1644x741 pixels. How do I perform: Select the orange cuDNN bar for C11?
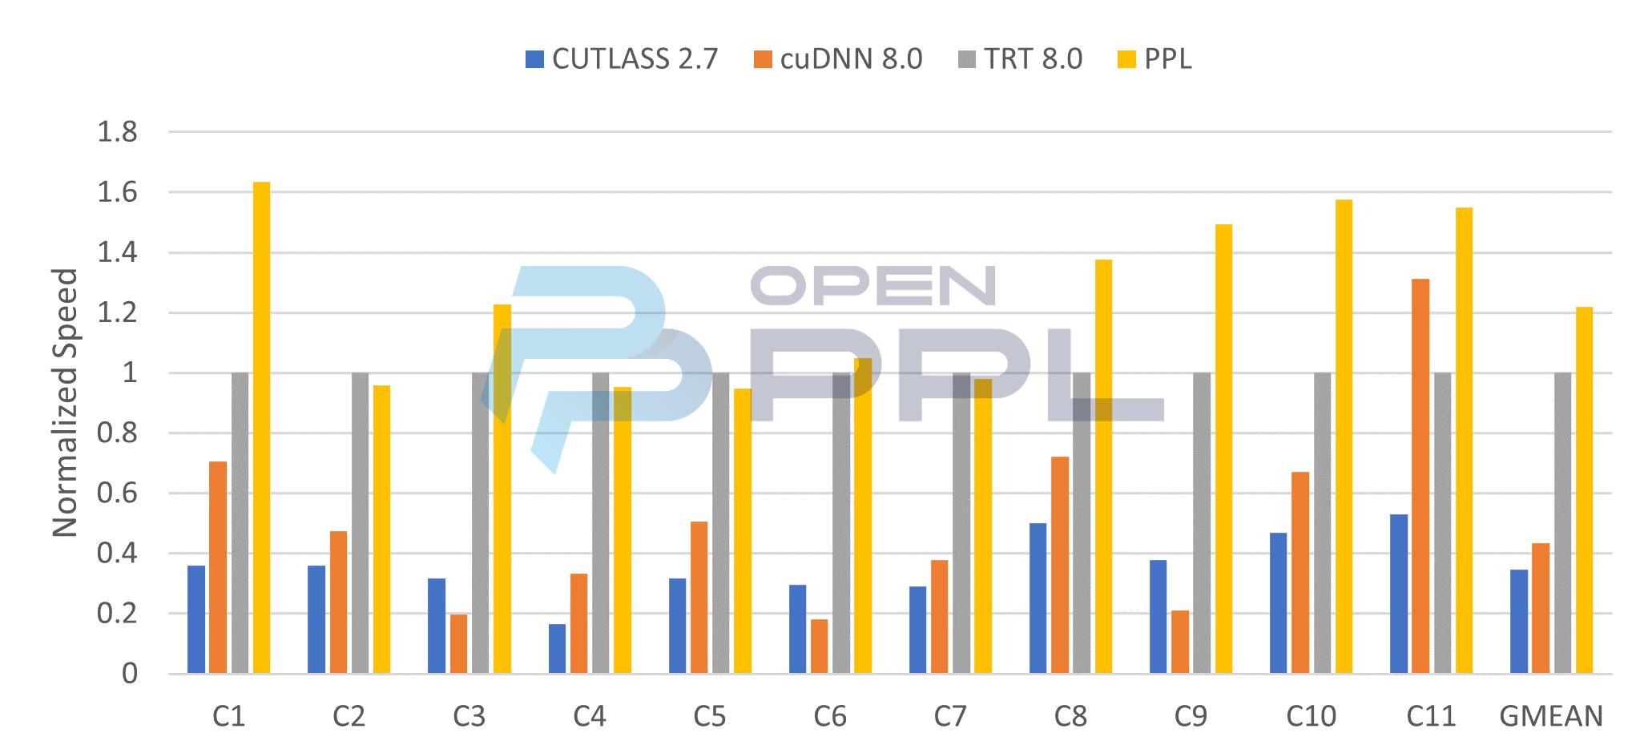tap(1420, 476)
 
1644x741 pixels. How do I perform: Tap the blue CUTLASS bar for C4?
tap(557, 648)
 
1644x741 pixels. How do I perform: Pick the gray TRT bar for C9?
tap(1202, 522)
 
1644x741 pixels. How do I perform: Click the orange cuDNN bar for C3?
tap(458, 643)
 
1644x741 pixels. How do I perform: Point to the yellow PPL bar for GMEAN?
tap(1584, 489)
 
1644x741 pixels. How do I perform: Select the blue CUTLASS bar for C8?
tap(1038, 598)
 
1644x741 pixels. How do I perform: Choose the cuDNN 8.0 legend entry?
tap(839, 59)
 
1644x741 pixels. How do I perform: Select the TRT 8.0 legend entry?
tap(1021, 59)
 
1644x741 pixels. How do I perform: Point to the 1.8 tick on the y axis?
tap(117, 132)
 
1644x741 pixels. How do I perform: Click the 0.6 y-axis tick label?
tap(117, 493)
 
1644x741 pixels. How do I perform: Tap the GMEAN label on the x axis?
tap(1551, 715)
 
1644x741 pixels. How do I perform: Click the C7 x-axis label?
tap(950, 715)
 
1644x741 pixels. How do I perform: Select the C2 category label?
tap(349, 715)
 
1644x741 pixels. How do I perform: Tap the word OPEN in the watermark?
tap(872, 285)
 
